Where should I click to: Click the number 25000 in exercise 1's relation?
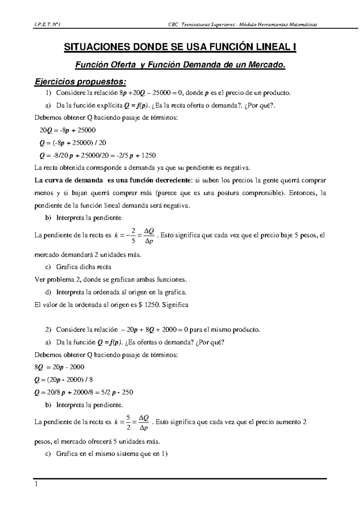coord(163,93)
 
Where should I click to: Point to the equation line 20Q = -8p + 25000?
coord(67,130)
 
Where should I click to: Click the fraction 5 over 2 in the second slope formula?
coord(128,422)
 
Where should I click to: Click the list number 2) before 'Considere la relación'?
coord(48,330)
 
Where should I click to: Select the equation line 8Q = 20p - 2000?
coord(59,367)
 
